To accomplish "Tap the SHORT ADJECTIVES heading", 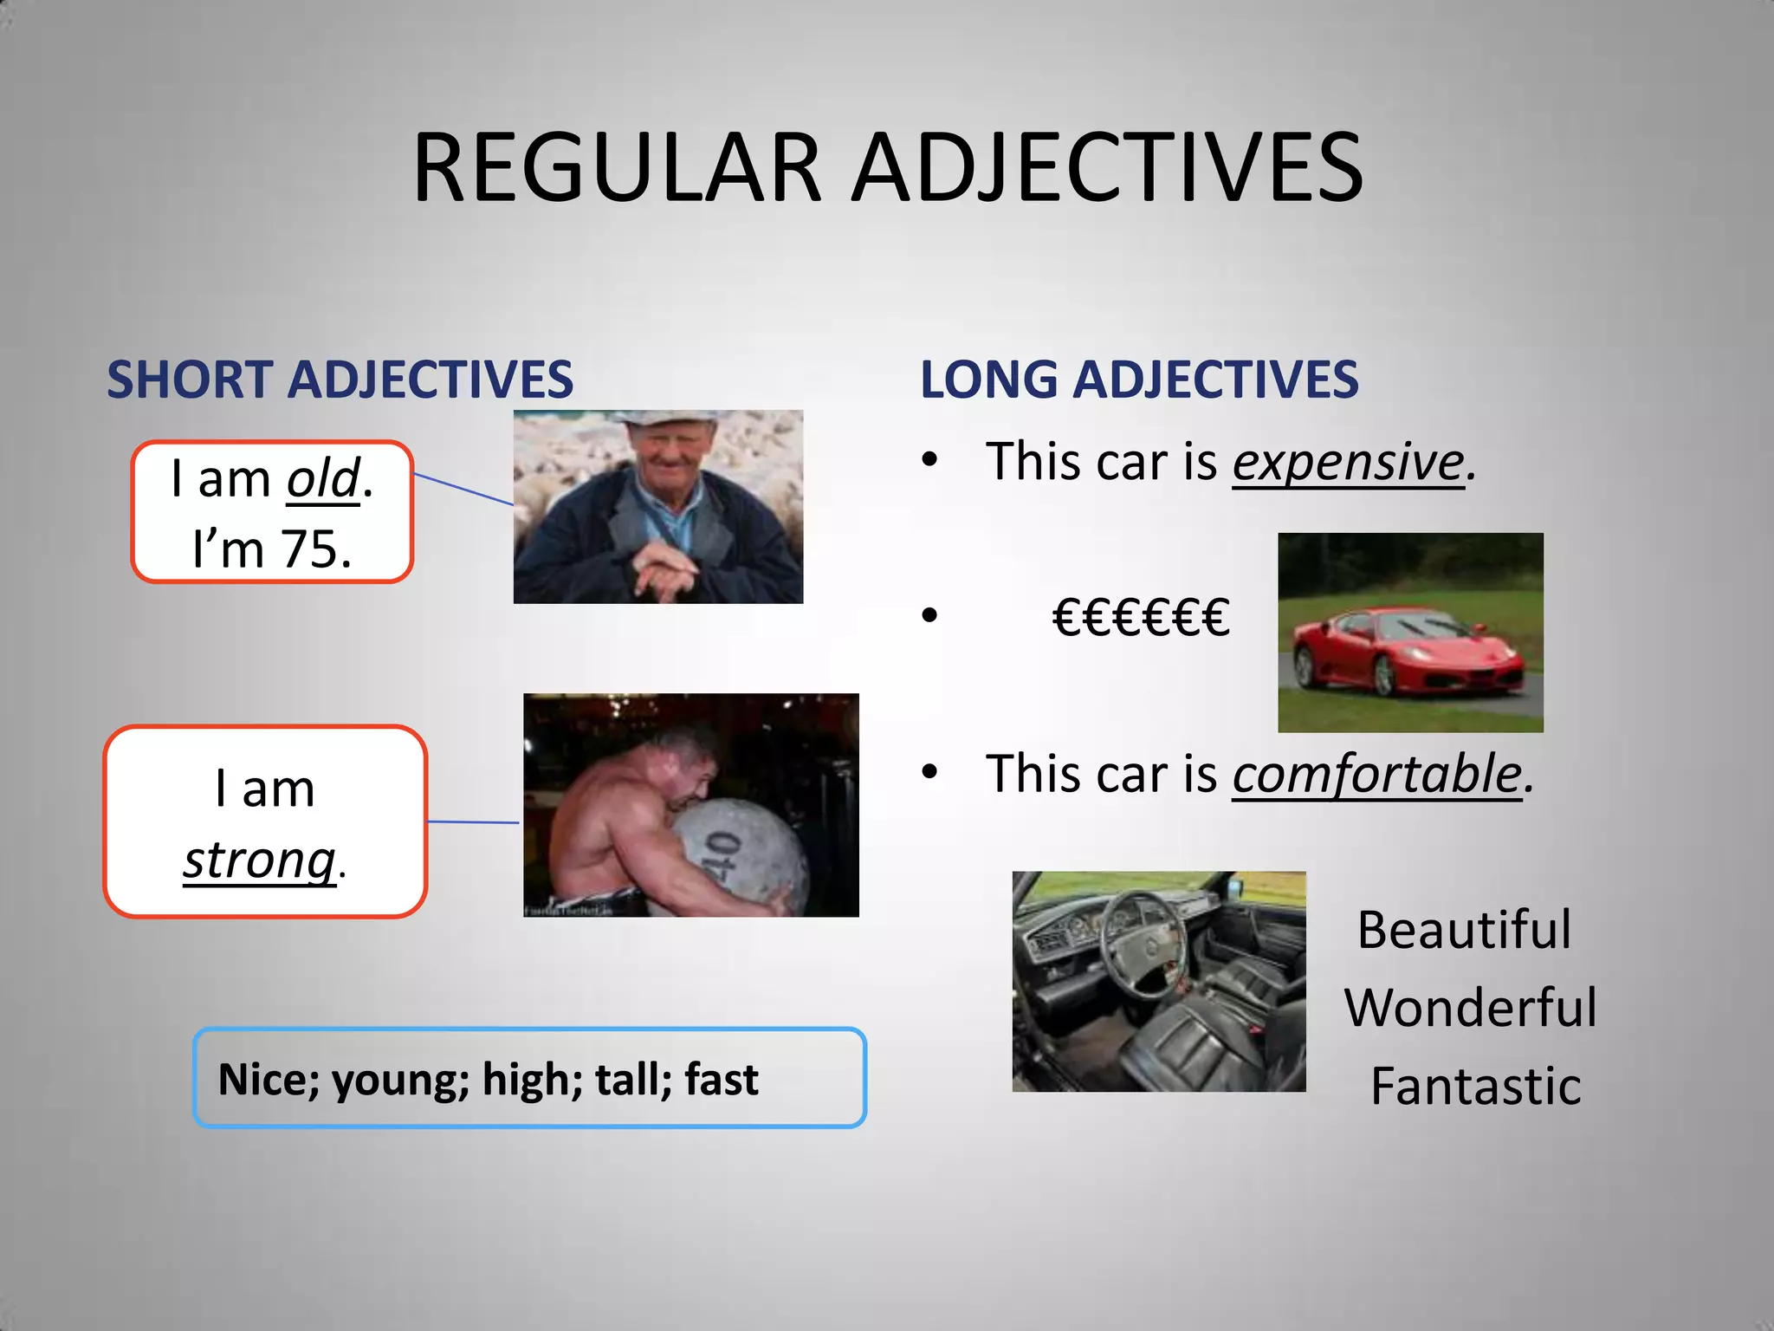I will coord(340,380).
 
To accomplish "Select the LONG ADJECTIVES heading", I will coord(1139,380).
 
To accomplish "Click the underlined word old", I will coord(323,479).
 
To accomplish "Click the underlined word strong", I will coord(259,860).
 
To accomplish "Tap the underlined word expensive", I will coord(1348,461).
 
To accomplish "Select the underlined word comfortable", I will coord(1377,774).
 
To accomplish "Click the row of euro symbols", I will coord(1141,618).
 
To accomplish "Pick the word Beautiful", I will coord(1464,931).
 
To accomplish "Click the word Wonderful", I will coord(1471,1009).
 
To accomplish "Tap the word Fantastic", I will coord(1476,1087).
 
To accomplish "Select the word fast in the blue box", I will coord(722,1080).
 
